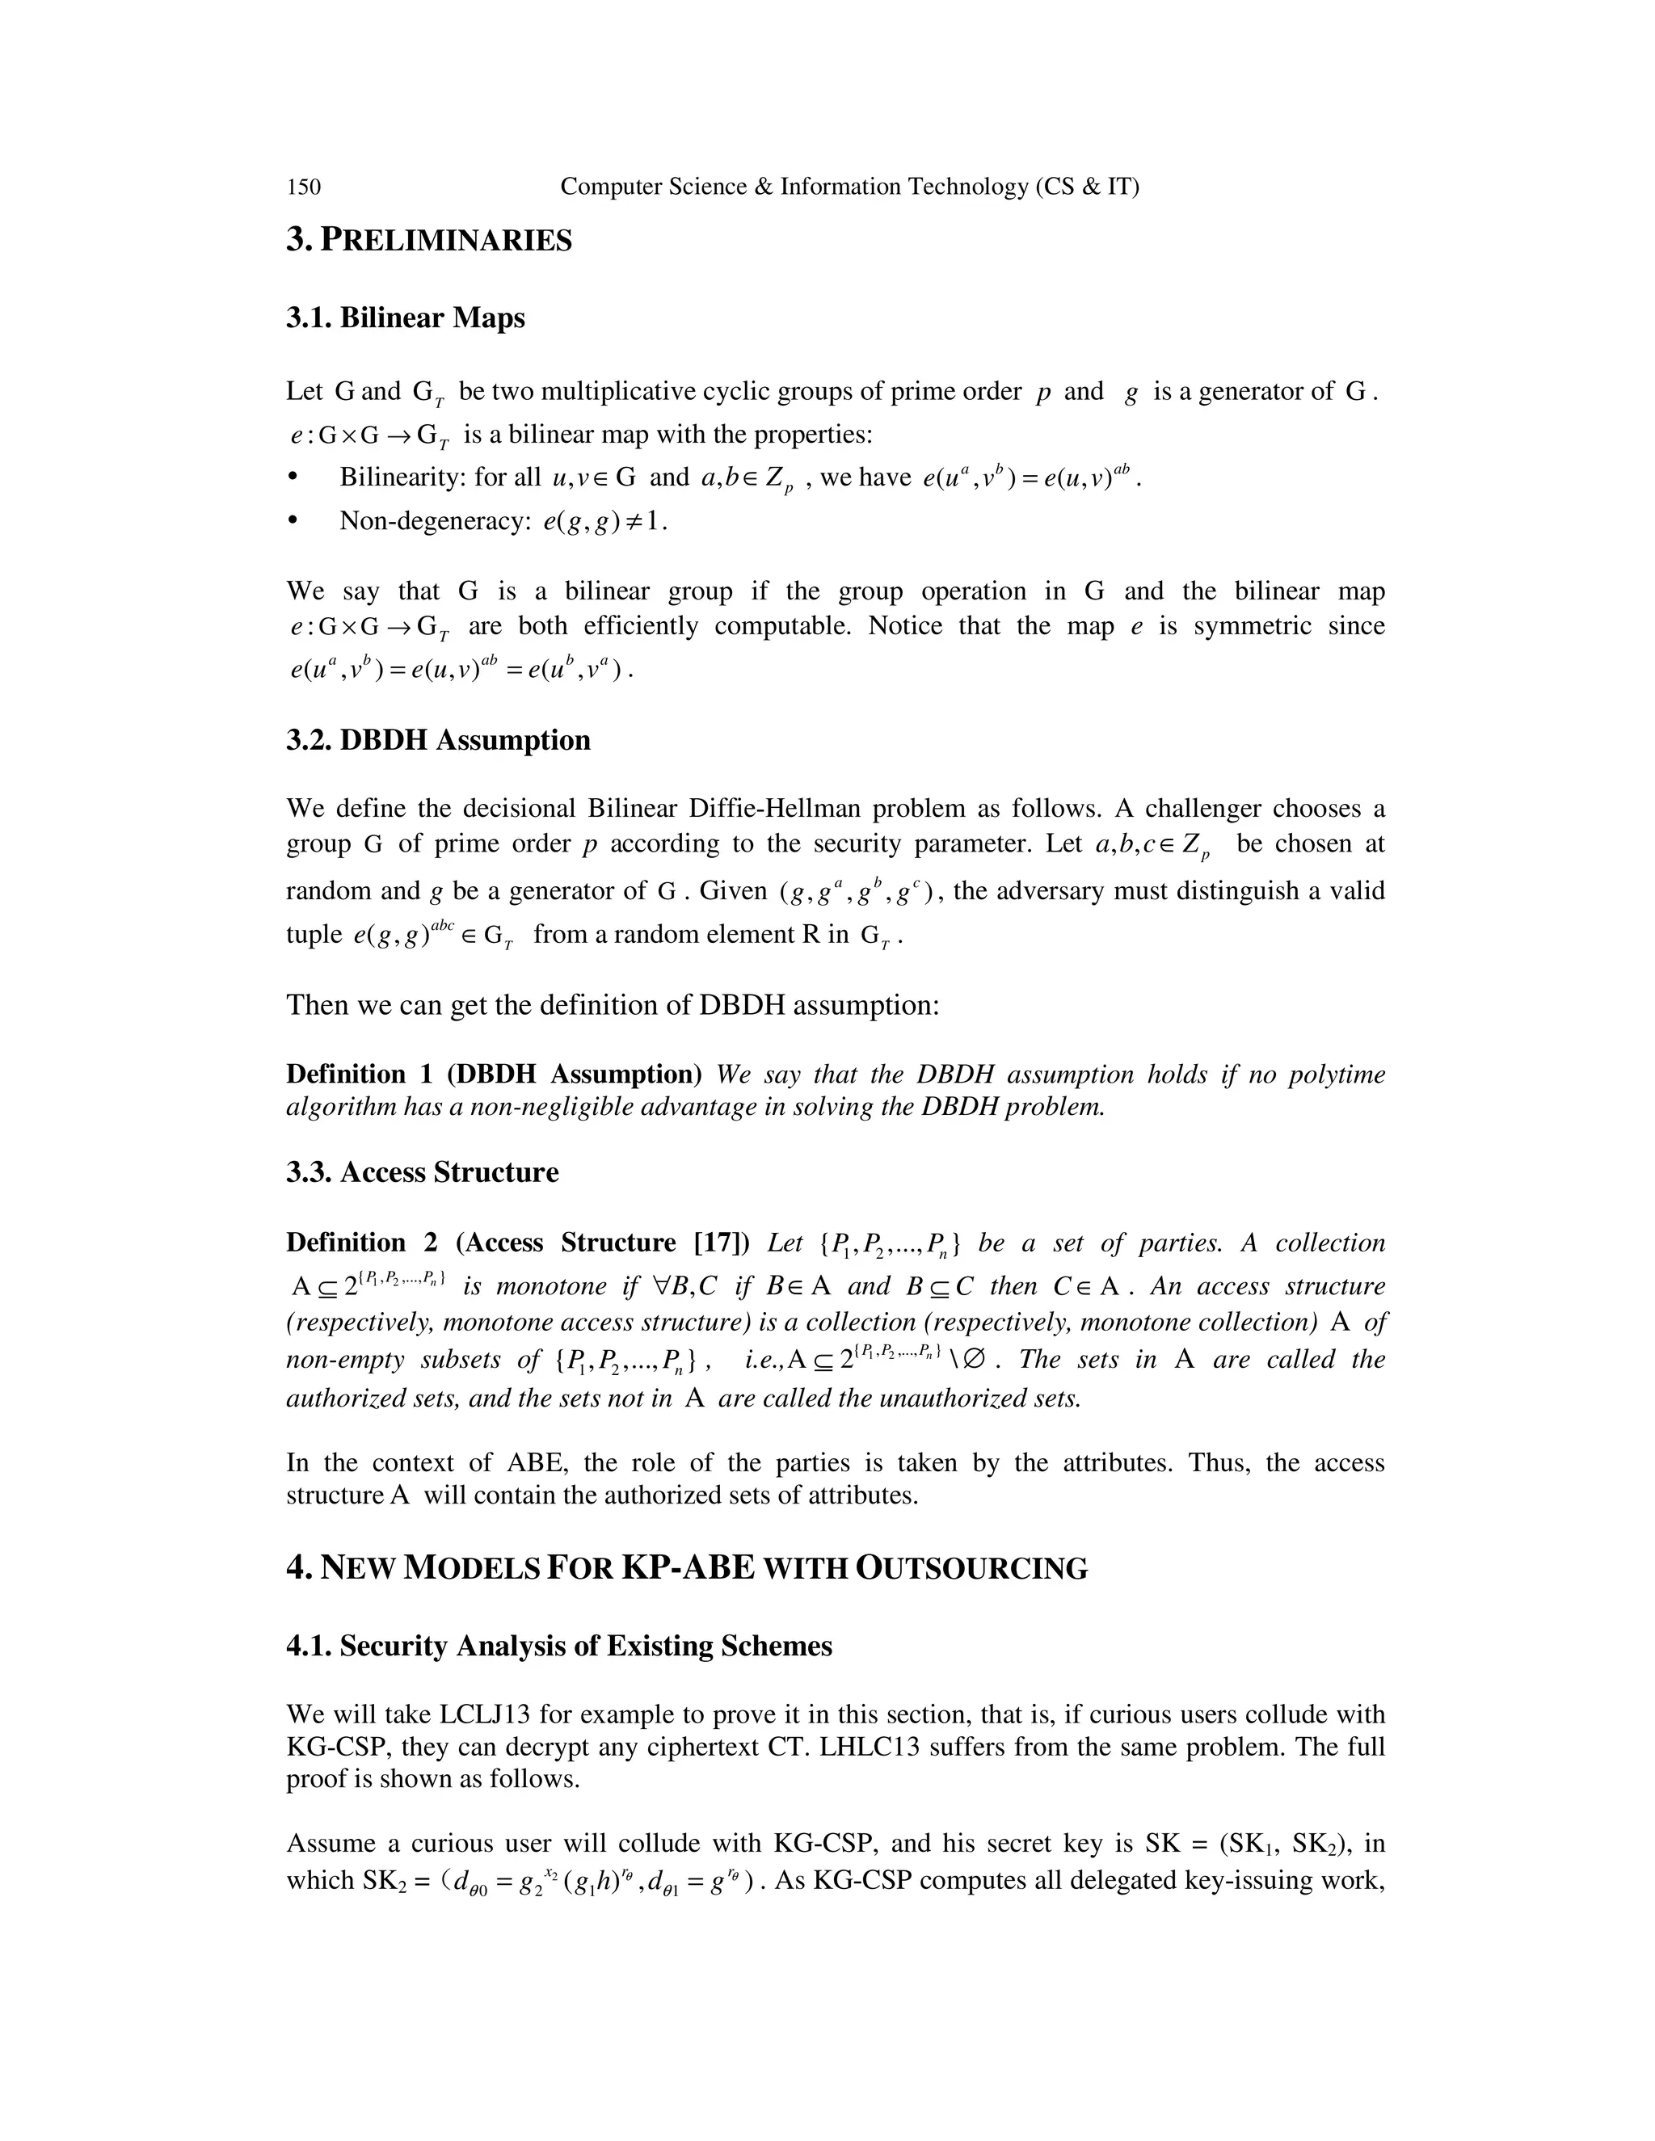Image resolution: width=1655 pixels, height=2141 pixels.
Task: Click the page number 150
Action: (x=303, y=187)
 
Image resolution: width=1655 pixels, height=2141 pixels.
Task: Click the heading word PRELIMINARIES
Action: (x=446, y=240)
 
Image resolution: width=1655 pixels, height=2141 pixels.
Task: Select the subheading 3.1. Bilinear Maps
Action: (x=405, y=318)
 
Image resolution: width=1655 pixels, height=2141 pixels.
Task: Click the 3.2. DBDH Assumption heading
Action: (x=438, y=739)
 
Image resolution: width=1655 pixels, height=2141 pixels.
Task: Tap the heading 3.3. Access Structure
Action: (x=422, y=1172)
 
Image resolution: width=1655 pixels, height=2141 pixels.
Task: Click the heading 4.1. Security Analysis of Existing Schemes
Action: (x=559, y=1645)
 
